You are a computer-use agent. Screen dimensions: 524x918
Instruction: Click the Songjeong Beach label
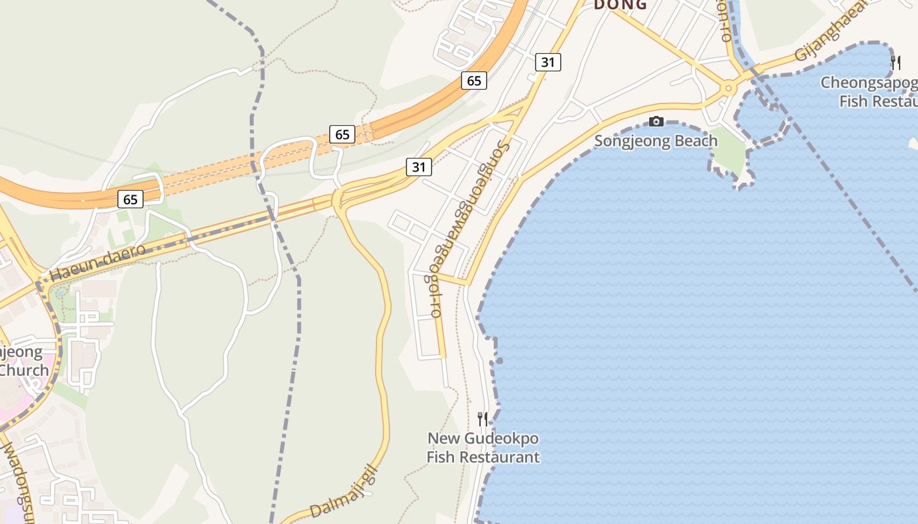point(655,141)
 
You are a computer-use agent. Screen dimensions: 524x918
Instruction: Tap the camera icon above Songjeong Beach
point(656,121)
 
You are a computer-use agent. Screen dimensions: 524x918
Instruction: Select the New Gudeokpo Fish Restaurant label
point(483,447)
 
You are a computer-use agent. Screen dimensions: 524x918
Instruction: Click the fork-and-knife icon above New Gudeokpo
point(483,419)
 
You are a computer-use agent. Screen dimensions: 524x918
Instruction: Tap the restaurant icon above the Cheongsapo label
point(895,62)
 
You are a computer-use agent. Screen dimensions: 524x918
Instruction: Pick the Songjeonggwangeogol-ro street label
point(469,229)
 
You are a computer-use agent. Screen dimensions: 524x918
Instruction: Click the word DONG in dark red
point(620,5)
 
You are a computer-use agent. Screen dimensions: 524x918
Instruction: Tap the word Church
point(24,370)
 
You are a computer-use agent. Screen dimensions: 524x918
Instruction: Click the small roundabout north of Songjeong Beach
point(727,88)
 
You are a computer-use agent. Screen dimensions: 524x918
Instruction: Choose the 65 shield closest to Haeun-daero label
point(130,199)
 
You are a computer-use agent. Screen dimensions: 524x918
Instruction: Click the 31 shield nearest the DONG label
point(548,62)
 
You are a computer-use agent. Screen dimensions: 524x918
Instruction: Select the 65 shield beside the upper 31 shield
point(474,81)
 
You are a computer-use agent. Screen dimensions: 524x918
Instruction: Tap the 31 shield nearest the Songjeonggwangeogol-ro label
point(419,167)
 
